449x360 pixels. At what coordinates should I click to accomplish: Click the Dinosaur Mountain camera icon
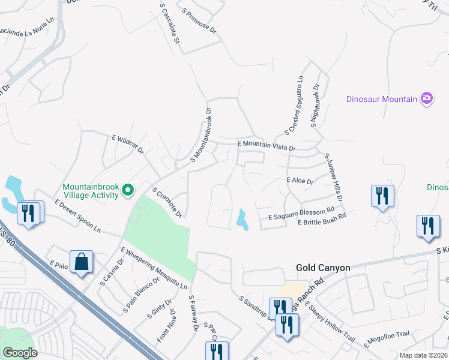pyautogui.click(x=427, y=98)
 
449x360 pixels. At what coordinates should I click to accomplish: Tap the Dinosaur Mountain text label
pyautogui.click(x=382, y=99)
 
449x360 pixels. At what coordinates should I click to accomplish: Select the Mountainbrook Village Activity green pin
pyautogui.click(x=127, y=190)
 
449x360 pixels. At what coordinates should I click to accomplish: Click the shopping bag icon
pyautogui.click(x=81, y=263)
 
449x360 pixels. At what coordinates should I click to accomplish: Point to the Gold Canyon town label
pyautogui.click(x=323, y=268)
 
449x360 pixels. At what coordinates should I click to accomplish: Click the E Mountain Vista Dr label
pyautogui.click(x=267, y=145)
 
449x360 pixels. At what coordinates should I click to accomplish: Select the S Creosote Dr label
pyautogui.click(x=167, y=202)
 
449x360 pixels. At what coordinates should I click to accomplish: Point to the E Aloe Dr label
pyautogui.click(x=301, y=181)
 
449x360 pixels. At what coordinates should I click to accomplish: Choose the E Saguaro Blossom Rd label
pyautogui.click(x=301, y=213)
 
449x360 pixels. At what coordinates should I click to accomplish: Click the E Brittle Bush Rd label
pyautogui.click(x=322, y=220)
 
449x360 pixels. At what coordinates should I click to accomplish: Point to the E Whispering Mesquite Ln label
pyautogui.click(x=154, y=268)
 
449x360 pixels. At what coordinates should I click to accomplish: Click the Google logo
pyautogui.click(x=20, y=353)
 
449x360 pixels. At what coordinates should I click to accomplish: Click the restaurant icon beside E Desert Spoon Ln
pyautogui.click(x=29, y=212)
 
